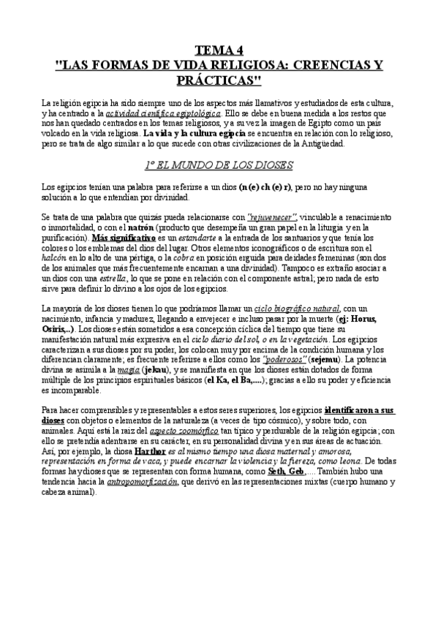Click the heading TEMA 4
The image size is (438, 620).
tap(219, 51)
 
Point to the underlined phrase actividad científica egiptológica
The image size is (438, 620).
tap(152, 115)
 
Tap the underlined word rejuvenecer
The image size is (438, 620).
tap(273, 219)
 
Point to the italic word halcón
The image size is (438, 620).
tap(56, 257)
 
